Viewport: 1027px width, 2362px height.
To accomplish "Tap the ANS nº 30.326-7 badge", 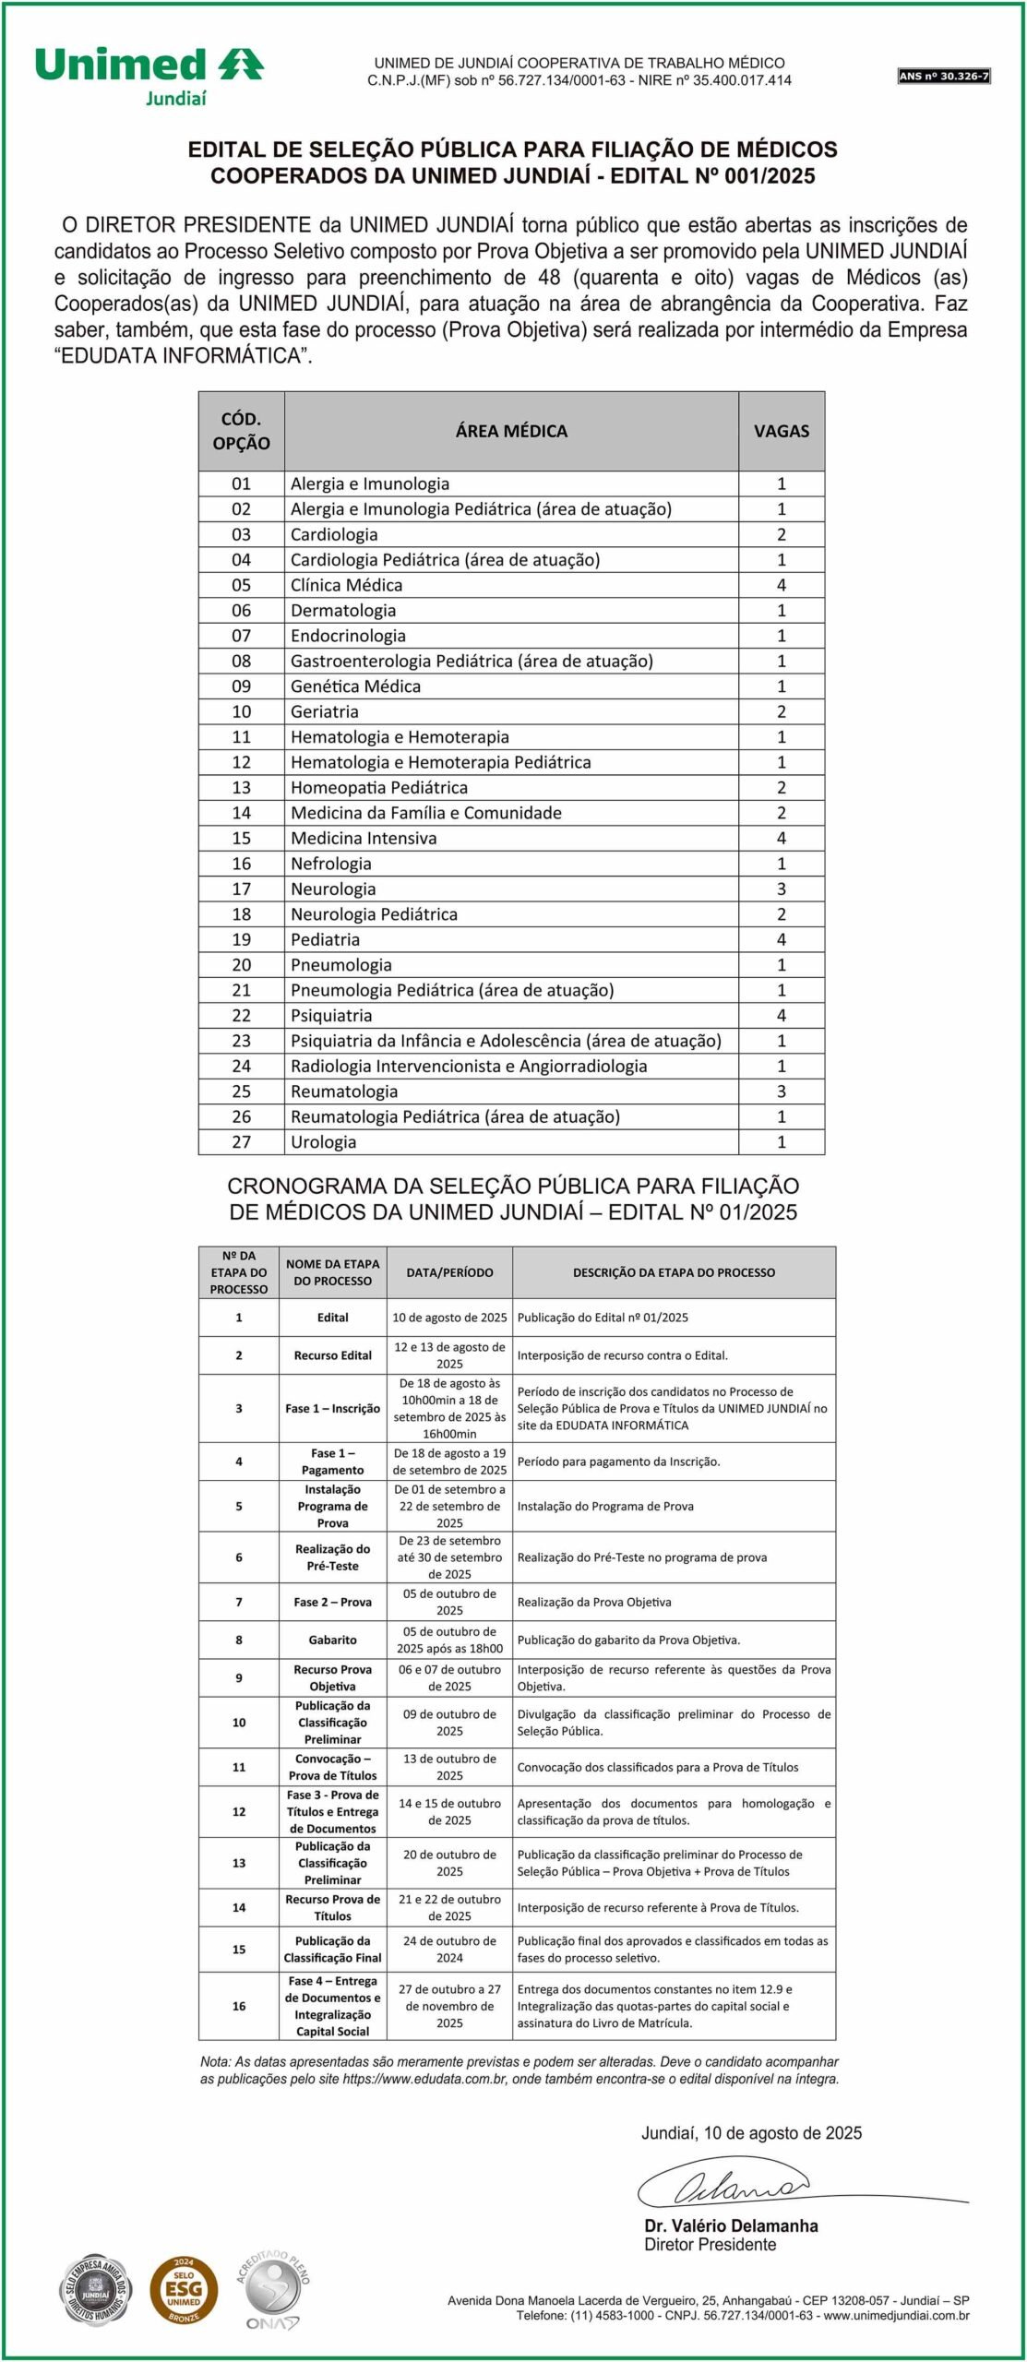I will click(x=943, y=77).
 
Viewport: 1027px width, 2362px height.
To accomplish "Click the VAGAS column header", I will click(x=781, y=431).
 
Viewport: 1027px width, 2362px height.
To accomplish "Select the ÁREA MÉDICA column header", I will click(x=511, y=431).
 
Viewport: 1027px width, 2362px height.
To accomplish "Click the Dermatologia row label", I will click(x=343, y=610).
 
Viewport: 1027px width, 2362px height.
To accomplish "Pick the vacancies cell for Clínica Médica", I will click(x=781, y=585).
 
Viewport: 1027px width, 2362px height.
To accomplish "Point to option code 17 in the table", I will click(x=241, y=889).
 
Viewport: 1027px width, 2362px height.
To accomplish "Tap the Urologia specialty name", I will click(x=323, y=1141).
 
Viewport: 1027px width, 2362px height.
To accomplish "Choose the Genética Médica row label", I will click(x=355, y=686).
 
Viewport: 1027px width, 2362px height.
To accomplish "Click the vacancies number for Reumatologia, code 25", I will click(x=781, y=1091).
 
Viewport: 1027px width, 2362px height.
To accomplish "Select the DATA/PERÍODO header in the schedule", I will click(x=449, y=1271).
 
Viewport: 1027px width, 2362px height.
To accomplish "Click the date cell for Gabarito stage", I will click(x=449, y=1640).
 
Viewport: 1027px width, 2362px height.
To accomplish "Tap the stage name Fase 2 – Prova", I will click(x=332, y=1602).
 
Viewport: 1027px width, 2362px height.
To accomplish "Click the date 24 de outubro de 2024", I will click(x=449, y=1949).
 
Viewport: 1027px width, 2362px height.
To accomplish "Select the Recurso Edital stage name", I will click(x=332, y=1355).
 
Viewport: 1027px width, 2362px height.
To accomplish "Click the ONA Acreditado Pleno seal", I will click(x=273, y=2289).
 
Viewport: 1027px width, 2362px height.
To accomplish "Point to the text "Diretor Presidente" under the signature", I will click(x=710, y=2245).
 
